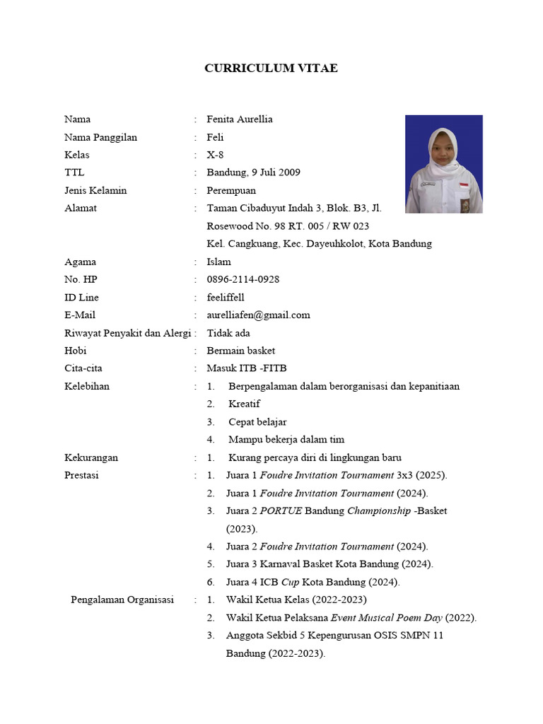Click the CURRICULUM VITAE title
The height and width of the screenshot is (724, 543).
[271, 69]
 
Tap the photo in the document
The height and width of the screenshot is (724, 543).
[443, 164]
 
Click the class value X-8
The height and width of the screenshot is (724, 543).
[215, 155]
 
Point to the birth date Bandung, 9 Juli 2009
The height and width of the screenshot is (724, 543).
[253, 173]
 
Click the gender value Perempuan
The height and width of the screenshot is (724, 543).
[231, 190]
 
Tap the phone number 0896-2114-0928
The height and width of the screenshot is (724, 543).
[243, 279]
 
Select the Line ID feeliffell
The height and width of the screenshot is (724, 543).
[226, 297]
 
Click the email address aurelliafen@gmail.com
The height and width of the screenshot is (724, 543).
[258, 315]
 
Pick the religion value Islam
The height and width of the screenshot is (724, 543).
[218, 262]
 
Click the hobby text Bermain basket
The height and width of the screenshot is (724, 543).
[240, 351]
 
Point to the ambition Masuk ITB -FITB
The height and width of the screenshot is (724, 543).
[246, 368]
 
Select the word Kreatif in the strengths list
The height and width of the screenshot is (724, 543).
[244, 404]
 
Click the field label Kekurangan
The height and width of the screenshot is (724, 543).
[91, 457]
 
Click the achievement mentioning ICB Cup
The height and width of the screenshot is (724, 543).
[313, 582]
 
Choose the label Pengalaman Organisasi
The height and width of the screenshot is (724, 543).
[122, 600]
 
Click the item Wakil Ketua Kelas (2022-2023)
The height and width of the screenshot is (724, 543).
[296, 600]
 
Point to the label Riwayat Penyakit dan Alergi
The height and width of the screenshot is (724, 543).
[127, 333]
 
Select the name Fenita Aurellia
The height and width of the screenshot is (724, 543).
[239, 119]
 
